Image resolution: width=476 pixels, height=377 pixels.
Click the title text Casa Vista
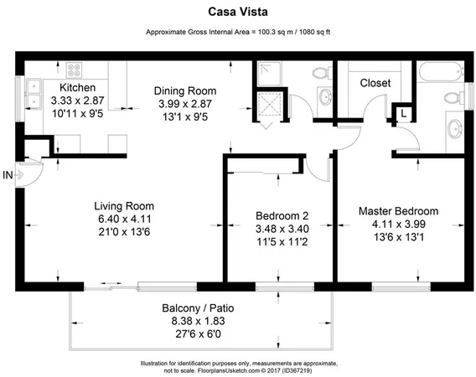tap(237, 13)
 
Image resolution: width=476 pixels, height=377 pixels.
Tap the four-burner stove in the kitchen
tap(71, 71)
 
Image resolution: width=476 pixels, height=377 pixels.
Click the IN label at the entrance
tap(8, 174)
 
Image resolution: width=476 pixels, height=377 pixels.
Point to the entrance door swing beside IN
tap(29, 173)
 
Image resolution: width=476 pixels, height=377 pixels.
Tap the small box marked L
tap(403, 112)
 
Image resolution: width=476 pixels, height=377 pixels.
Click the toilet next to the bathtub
tap(451, 93)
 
